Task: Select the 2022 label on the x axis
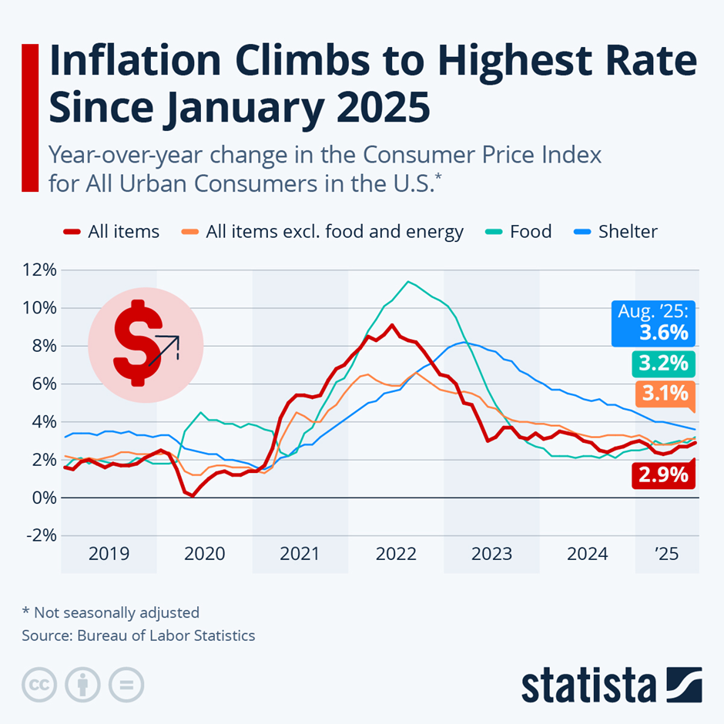[396, 554]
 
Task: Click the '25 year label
[667, 554]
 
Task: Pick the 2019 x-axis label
[109, 554]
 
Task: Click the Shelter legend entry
[627, 231]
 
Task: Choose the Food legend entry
[530, 231]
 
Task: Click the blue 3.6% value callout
[654, 324]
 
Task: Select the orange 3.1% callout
[662, 394]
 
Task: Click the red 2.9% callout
[662, 474]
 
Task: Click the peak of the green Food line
[407, 282]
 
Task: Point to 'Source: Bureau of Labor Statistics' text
[139, 635]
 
